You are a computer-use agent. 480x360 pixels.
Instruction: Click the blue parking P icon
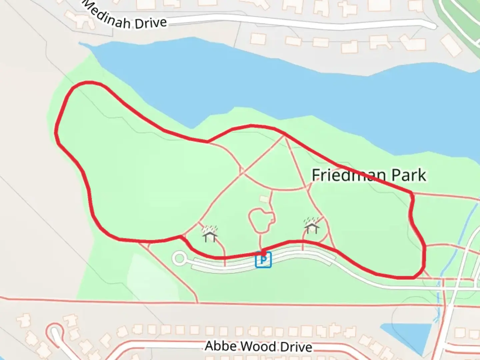[263, 260]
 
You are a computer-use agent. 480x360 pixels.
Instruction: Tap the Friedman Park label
[369, 175]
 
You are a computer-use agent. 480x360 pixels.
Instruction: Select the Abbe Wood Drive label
[258, 346]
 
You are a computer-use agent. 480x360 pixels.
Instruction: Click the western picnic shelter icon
[210, 234]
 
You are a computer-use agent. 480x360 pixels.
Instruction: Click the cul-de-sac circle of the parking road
[180, 258]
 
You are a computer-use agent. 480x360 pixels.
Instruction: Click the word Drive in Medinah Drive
[151, 23]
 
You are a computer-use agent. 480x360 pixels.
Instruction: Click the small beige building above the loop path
[264, 199]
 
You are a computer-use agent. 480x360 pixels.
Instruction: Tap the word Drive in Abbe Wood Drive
[296, 347]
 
